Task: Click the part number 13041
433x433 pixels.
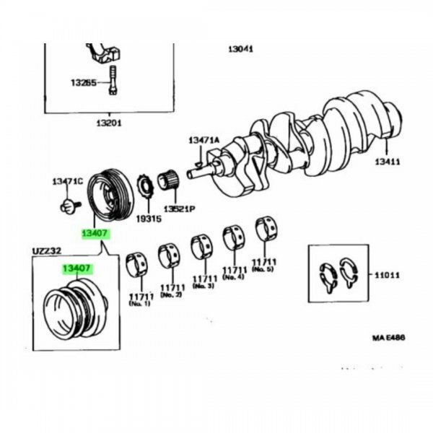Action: pyautogui.click(x=241, y=49)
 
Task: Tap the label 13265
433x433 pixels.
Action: pyautogui.click(x=84, y=82)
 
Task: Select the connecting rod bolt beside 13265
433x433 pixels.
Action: pyautogui.click(x=113, y=80)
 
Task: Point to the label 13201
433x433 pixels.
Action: pyautogui.click(x=109, y=123)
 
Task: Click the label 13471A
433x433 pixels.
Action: pyautogui.click(x=204, y=140)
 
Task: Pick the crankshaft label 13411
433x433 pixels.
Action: pyautogui.click(x=387, y=162)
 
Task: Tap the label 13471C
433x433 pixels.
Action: pyautogui.click(x=68, y=181)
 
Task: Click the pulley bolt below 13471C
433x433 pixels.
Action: pyautogui.click(x=70, y=206)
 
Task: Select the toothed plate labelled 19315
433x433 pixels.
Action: pyautogui.click(x=146, y=187)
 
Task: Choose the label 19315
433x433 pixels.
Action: pyautogui.click(x=149, y=219)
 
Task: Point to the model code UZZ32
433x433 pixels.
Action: pyautogui.click(x=47, y=251)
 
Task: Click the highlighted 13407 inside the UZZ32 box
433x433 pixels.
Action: pyautogui.click(x=76, y=268)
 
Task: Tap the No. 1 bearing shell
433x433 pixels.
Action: pyautogui.click(x=136, y=264)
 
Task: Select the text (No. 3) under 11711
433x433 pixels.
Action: pyautogui.click(x=204, y=286)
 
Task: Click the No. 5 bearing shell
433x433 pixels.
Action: pyautogui.click(x=266, y=228)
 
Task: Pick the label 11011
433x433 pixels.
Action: pyautogui.click(x=387, y=276)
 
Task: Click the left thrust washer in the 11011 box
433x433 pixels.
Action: pyautogui.click(x=328, y=278)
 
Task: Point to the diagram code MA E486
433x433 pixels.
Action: pyautogui.click(x=388, y=338)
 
